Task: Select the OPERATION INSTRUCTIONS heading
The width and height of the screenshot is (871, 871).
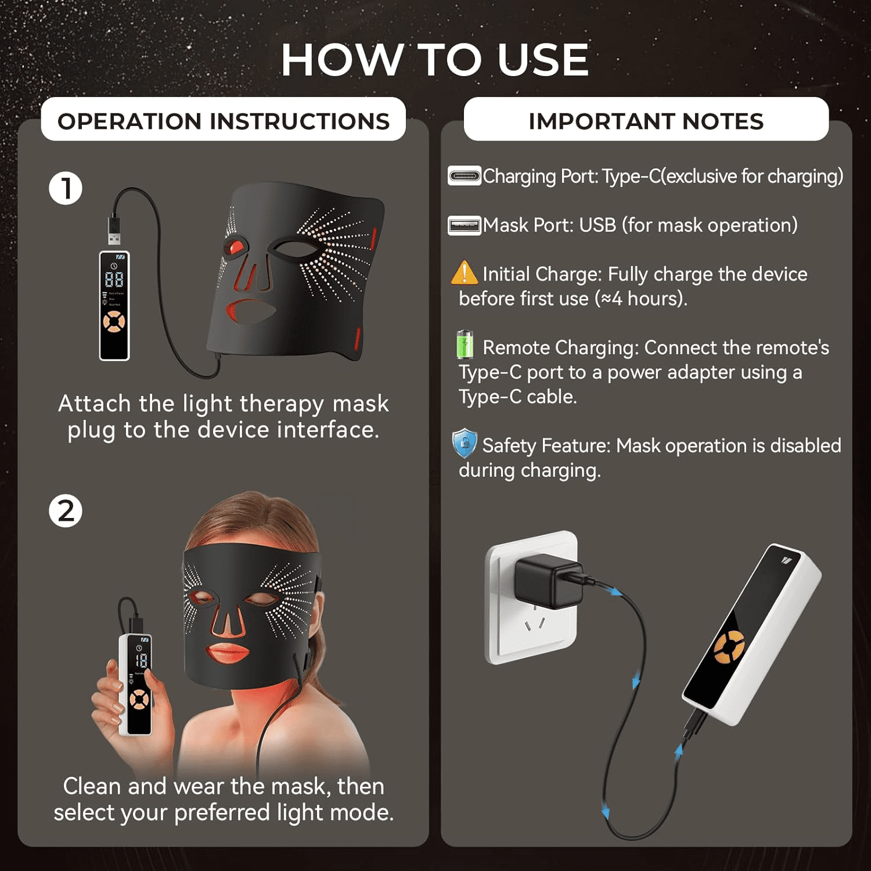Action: [x=224, y=121]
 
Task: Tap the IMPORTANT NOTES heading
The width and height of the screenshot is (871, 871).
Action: [x=646, y=121]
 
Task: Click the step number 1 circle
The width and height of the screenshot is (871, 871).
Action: [x=66, y=188]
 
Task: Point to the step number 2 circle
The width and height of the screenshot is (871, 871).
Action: [x=66, y=511]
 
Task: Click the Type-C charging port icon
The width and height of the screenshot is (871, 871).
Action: [x=465, y=175]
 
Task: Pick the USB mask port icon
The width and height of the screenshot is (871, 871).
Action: [x=465, y=225]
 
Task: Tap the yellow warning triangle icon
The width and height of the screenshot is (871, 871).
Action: [x=465, y=272]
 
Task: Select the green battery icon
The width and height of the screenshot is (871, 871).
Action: [x=465, y=344]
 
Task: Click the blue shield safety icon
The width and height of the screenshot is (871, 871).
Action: [x=465, y=444]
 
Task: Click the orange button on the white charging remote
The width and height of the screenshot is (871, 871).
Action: [x=729, y=646]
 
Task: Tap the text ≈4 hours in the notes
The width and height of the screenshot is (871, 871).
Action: [x=638, y=298]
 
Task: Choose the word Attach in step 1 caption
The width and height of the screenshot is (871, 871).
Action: [x=95, y=404]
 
